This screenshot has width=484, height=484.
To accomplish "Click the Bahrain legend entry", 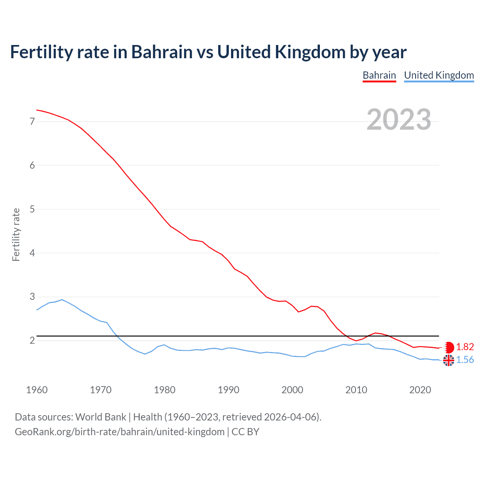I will (379, 75).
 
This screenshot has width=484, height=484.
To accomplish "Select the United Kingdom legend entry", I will (439, 75).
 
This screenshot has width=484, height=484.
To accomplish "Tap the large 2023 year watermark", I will (399, 119).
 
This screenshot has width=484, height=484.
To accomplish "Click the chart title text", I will (208, 52).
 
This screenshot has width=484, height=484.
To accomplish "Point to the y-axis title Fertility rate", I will (16, 234).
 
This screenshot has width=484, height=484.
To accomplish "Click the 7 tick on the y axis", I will (32, 121).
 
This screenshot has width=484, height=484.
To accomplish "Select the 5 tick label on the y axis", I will (32, 209).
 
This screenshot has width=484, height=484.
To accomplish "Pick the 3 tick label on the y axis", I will (32, 297).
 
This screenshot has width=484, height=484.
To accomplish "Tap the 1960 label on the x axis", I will (37, 390).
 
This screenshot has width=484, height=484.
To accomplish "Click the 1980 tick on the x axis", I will (164, 390).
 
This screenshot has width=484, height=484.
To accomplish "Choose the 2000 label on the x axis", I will (292, 390).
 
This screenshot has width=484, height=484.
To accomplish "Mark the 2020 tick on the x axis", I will (420, 390).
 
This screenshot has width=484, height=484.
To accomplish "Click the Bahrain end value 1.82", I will (465, 347).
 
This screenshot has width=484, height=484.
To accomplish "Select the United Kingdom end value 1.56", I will (465, 360).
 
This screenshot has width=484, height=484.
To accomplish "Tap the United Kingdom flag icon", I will (448, 360).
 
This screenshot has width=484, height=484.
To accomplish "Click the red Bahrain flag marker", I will (448, 347).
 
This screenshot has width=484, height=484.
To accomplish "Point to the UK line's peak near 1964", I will (62, 299).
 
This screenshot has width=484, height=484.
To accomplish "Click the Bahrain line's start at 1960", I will (37, 110).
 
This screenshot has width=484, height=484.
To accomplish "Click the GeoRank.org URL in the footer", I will (119, 432).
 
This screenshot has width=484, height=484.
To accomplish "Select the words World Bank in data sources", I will (101, 417).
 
